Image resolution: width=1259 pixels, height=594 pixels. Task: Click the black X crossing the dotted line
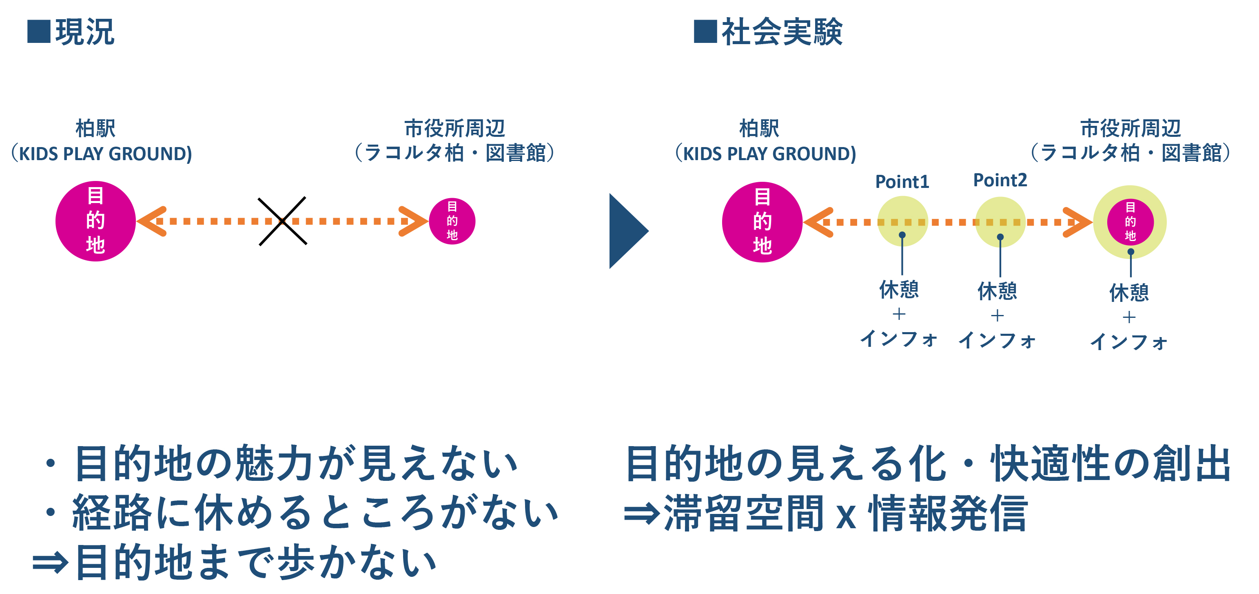coord(282,221)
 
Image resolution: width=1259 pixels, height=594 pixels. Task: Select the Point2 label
coord(1000,180)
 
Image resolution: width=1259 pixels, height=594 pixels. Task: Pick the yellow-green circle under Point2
coord(1000,222)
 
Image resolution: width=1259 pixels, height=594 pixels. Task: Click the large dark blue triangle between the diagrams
coord(629,231)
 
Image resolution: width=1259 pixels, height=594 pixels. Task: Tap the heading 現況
coord(85,32)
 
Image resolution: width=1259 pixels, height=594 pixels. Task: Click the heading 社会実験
coord(782,32)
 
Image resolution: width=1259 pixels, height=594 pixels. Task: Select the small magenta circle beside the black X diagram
coord(452,221)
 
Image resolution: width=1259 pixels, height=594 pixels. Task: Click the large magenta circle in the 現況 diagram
coord(95,221)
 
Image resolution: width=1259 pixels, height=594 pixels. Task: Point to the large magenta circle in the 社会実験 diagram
coord(762,222)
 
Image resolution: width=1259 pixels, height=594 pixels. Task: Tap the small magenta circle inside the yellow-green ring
coord(1130,222)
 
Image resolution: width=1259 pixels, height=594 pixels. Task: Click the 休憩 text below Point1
coord(899,290)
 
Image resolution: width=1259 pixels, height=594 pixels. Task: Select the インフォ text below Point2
coord(997,341)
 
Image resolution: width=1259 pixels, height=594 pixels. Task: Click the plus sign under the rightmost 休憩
coord(1129,317)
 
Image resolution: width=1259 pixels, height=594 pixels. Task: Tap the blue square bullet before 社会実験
coord(705,31)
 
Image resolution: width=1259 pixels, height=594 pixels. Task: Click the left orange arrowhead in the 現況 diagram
coord(151,221)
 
